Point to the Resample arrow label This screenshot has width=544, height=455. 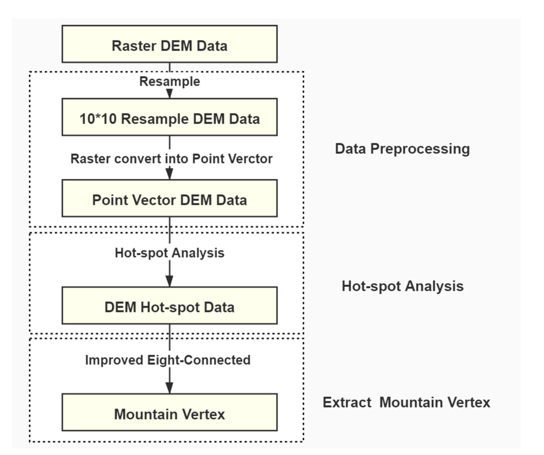click(x=170, y=82)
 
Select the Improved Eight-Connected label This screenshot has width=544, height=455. click(x=168, y=360)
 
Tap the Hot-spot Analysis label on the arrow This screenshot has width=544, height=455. click(x=170, y=253)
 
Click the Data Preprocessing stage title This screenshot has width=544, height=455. click(x=402, y=149)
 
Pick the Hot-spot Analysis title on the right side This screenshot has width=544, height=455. click(x=403, y=287)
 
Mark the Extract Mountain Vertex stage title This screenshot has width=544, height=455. click(x=406, y=402)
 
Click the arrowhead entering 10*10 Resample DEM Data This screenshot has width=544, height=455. click(x=169, y=94)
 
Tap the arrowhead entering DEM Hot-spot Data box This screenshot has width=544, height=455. click(x=169, y=281)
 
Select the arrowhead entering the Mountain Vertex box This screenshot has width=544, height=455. click(x=169, y=388)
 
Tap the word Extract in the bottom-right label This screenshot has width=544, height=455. click(x=347, y=402)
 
